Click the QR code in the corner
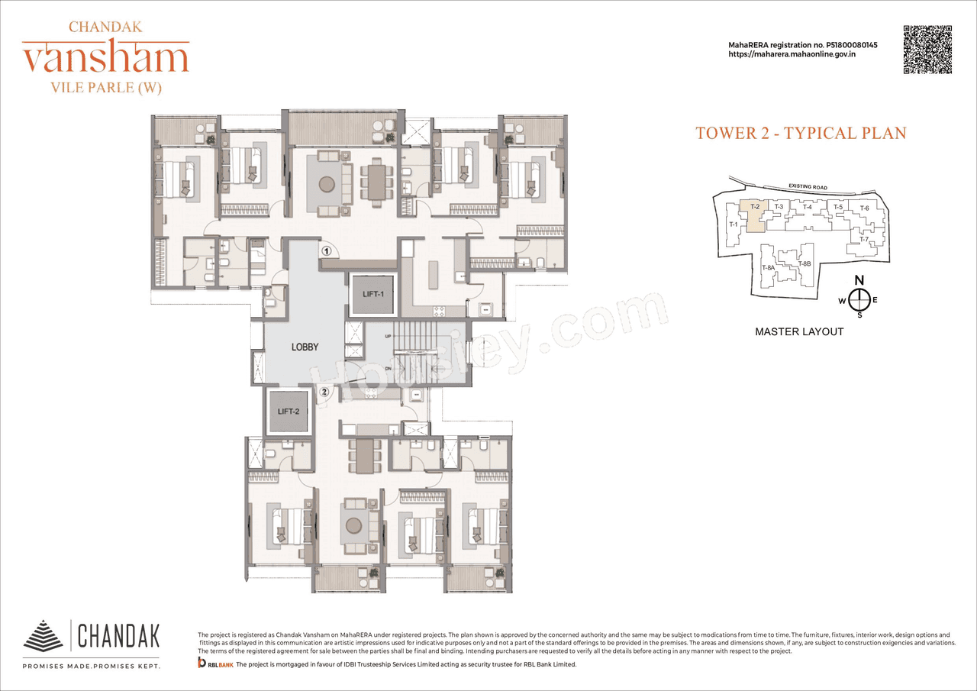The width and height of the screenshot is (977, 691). pyautogui.click(x=927, y=50)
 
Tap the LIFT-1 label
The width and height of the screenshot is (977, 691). pyautogui.click(x=372, y=293)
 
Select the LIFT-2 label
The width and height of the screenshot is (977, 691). pyautogui.click(x=287, y=412)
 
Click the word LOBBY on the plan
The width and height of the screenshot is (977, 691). pyautogui.click(x=305, y=347)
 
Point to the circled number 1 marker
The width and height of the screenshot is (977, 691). pyautogui.click(x=326, y=250)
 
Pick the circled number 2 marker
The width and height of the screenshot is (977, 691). pyautogui.click(x=324, y=392)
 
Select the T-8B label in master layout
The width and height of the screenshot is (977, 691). pyautogui.click(x=804, y=264)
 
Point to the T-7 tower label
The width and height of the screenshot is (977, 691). pyautogui.click(x=864, y=240)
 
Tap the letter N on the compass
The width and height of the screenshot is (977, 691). pyautogui.click(x=859, y=279)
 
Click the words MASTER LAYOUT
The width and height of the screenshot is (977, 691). pyautogui.click(x=799, y=331)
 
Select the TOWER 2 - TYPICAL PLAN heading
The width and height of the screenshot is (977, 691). pyautogui.click(x=801, y=133)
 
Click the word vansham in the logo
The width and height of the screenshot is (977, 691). pyautogui.click(x=105, y=59)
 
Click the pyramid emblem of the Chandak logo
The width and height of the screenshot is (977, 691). pyautogui.click(x=44, y=635)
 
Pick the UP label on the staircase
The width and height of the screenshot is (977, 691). pyautogui.click(x=388, y=336)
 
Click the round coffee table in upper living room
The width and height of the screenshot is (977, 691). pyautogui.click(x=326, y=183)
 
